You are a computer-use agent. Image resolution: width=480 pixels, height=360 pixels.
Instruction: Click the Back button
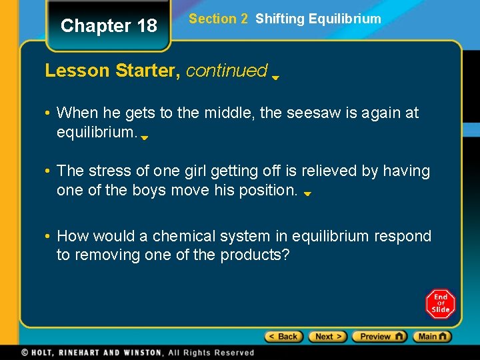[x=283, y=337]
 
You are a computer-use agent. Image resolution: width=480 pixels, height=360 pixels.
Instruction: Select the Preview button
[x=379, y=337]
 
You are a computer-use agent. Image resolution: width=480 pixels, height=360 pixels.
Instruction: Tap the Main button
[x=432, y=337]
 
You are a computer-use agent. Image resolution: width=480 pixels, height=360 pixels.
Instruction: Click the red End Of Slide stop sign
[x=441, y=303]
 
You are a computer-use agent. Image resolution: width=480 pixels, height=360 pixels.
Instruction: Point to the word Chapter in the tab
[x=87, y=26]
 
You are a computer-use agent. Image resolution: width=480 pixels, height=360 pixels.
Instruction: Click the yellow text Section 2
[x=218, y=19]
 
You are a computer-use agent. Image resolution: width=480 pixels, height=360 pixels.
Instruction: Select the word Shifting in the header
[x=279, y=19]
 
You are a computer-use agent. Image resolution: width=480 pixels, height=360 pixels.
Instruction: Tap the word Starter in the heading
[x=147, y=70]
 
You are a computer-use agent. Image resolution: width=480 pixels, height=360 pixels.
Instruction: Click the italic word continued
[x=227, y=70]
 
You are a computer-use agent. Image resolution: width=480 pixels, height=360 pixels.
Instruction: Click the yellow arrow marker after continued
[x=275, y=77]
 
